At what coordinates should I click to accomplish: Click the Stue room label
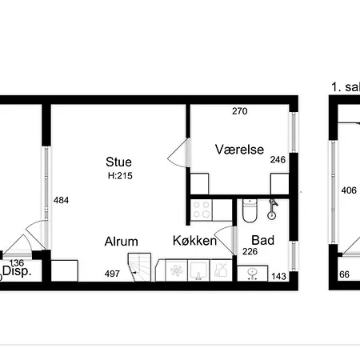point(118,162)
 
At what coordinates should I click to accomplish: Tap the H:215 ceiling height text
point(120,176)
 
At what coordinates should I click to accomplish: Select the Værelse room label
point(239,150)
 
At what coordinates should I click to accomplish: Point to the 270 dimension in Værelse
point(240,111)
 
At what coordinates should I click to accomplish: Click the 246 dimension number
point(278,160)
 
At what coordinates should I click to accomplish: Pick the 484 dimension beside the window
point(61,200)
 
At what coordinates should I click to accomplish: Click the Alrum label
point(122,242)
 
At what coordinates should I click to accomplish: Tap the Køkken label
point(194,241)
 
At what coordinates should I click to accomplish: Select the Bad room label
point(263,240)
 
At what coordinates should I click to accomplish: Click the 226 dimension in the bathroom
point(250,251)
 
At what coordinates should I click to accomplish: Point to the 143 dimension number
point(278,276)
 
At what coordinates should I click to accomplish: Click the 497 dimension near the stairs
point(112,274)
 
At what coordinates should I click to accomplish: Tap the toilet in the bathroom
point(250,210)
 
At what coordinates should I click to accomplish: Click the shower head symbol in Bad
point(272,209)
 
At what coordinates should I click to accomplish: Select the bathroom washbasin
point(252,274)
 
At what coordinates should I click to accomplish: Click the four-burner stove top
point(202,210)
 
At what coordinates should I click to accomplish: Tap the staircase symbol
point(140,267)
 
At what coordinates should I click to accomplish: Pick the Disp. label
point(17,271)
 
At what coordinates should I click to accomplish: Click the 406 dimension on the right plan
point(349,190)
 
